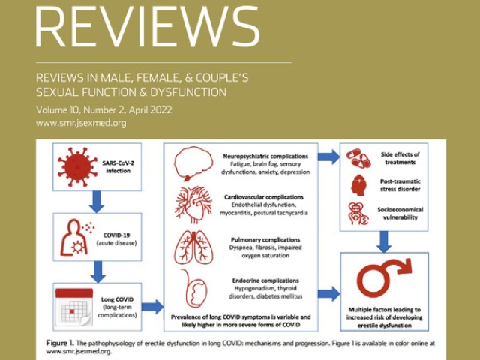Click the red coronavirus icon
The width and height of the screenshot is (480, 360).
click(78, 166)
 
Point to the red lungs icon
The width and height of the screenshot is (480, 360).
click(193, 247)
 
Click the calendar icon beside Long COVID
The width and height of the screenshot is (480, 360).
click(74, 307)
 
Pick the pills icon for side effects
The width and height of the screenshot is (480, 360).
click(358, 158)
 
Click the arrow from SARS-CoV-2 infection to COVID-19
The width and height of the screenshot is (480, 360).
click(97, 202)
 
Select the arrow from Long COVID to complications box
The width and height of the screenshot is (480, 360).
click(152, 307)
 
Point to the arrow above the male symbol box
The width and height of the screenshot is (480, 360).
click(384, 241)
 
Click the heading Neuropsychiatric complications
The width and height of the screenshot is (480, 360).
click(265, 156)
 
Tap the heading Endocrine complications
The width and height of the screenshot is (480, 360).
click(265, 280)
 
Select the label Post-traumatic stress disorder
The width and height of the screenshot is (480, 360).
click(400, 185)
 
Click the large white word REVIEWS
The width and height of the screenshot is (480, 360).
click(148, 27)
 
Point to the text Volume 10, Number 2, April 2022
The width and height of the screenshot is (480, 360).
click(104, 109)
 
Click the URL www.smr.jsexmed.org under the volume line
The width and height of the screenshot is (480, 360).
click(81, 123)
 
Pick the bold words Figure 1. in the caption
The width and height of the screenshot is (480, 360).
click(60, 343)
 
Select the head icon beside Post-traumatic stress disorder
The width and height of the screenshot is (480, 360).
click(358, 185)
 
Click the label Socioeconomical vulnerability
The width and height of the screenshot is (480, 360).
click(400, 214)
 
